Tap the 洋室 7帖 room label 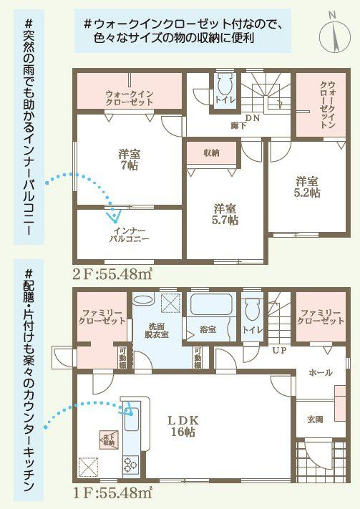129,159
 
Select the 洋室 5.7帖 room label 225,214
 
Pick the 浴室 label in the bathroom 208,330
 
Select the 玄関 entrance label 316,419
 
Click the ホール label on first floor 319,373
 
